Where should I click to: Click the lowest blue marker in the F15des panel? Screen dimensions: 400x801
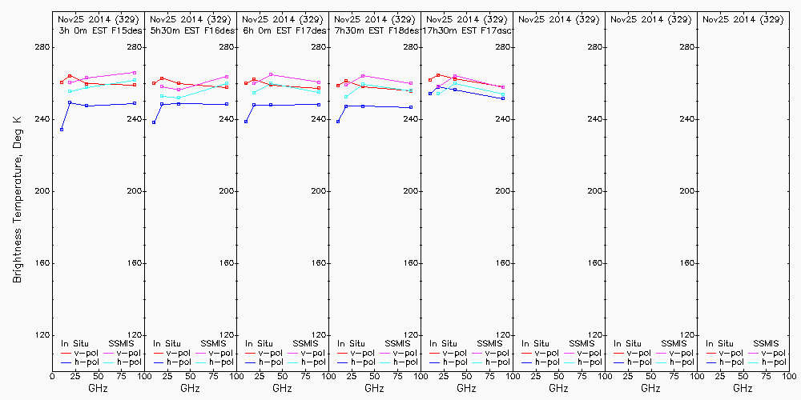pyautogui.click(x=62, y=130)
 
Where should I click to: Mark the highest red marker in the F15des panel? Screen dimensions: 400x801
pyautogui.click(x=70, y=76)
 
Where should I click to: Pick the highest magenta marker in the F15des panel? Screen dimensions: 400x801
pyautogui.click(x=135, y=73)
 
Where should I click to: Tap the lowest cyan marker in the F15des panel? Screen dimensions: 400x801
pyautogui.click(x=70, y=91)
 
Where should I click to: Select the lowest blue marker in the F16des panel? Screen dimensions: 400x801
pyautogui.click(x=154, y=122)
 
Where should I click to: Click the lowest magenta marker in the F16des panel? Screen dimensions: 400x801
pyautogui.click(x=179, y=90)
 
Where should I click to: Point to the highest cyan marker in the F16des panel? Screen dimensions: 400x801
pyautogui.click(x=227, y=82)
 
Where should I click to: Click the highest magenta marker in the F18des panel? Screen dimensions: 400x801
pyautogui.click(x=363, y=76)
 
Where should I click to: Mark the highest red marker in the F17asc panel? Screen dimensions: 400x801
pyautogui.click(x=438, y=74)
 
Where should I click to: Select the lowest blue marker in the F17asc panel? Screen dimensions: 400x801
pyautogui.click(x=503, y=98)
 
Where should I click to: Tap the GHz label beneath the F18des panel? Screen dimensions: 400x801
pyautogui.click(x=374, y=389)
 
